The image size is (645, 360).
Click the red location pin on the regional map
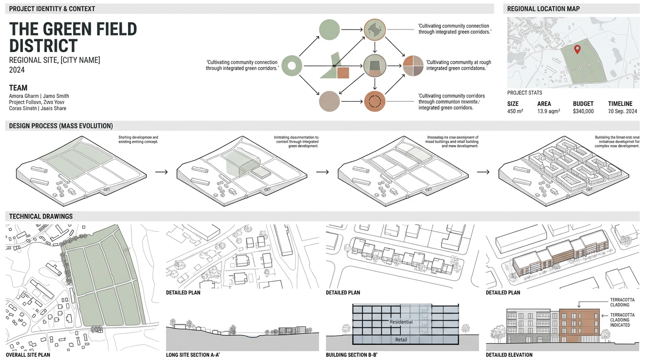[x=577, y=48]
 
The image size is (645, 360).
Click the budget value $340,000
[x=583, y=112]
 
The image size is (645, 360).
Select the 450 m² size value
[x=515, y=112]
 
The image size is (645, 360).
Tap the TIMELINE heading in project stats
[x=620, y=104]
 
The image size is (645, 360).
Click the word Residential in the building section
[x=401, y=322]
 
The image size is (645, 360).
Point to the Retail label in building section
[x=401, y=339]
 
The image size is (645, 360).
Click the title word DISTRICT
[x=43, y=46]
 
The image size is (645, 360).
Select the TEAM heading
[x=18, y=88]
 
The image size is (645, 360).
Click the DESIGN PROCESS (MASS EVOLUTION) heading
[x=61, y=126]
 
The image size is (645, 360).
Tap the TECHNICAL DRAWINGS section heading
[x=41, y=217]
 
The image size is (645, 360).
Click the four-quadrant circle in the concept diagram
[x=413, y=66]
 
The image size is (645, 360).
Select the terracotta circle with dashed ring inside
[x=375, y=101]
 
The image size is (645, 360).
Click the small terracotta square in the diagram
[x=343, y=72]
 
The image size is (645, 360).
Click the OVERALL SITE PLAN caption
[x=28, y=355]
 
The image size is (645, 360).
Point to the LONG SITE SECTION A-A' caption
[x=193, y=355]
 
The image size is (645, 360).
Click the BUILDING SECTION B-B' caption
[x=352, y=355]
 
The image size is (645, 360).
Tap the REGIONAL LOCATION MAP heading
[x=543, y=9]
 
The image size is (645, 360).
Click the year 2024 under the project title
[x=17, y=70]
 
